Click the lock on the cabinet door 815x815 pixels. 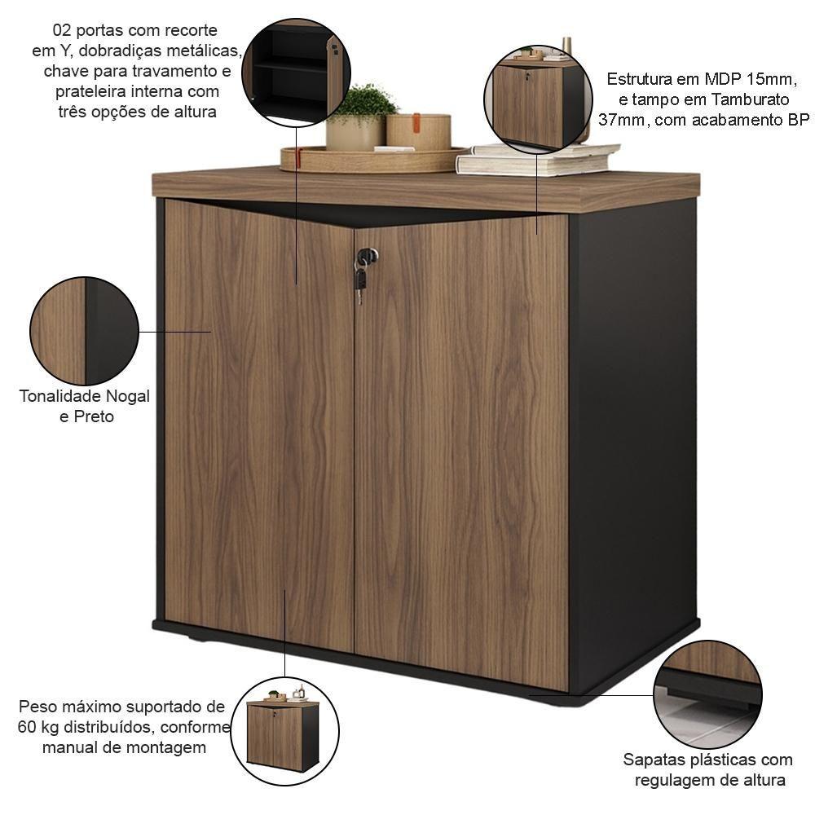(367, 255)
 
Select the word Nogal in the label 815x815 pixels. (128, 396)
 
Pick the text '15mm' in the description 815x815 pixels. (771, 79)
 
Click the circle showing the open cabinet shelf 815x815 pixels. (297, 73)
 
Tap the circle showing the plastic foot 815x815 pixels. (707, 694)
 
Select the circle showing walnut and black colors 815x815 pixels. (84, 331)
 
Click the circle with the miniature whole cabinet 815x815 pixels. (284, 731)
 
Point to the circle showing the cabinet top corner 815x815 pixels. (538, 99)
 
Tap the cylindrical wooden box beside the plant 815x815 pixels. (418, 131)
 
